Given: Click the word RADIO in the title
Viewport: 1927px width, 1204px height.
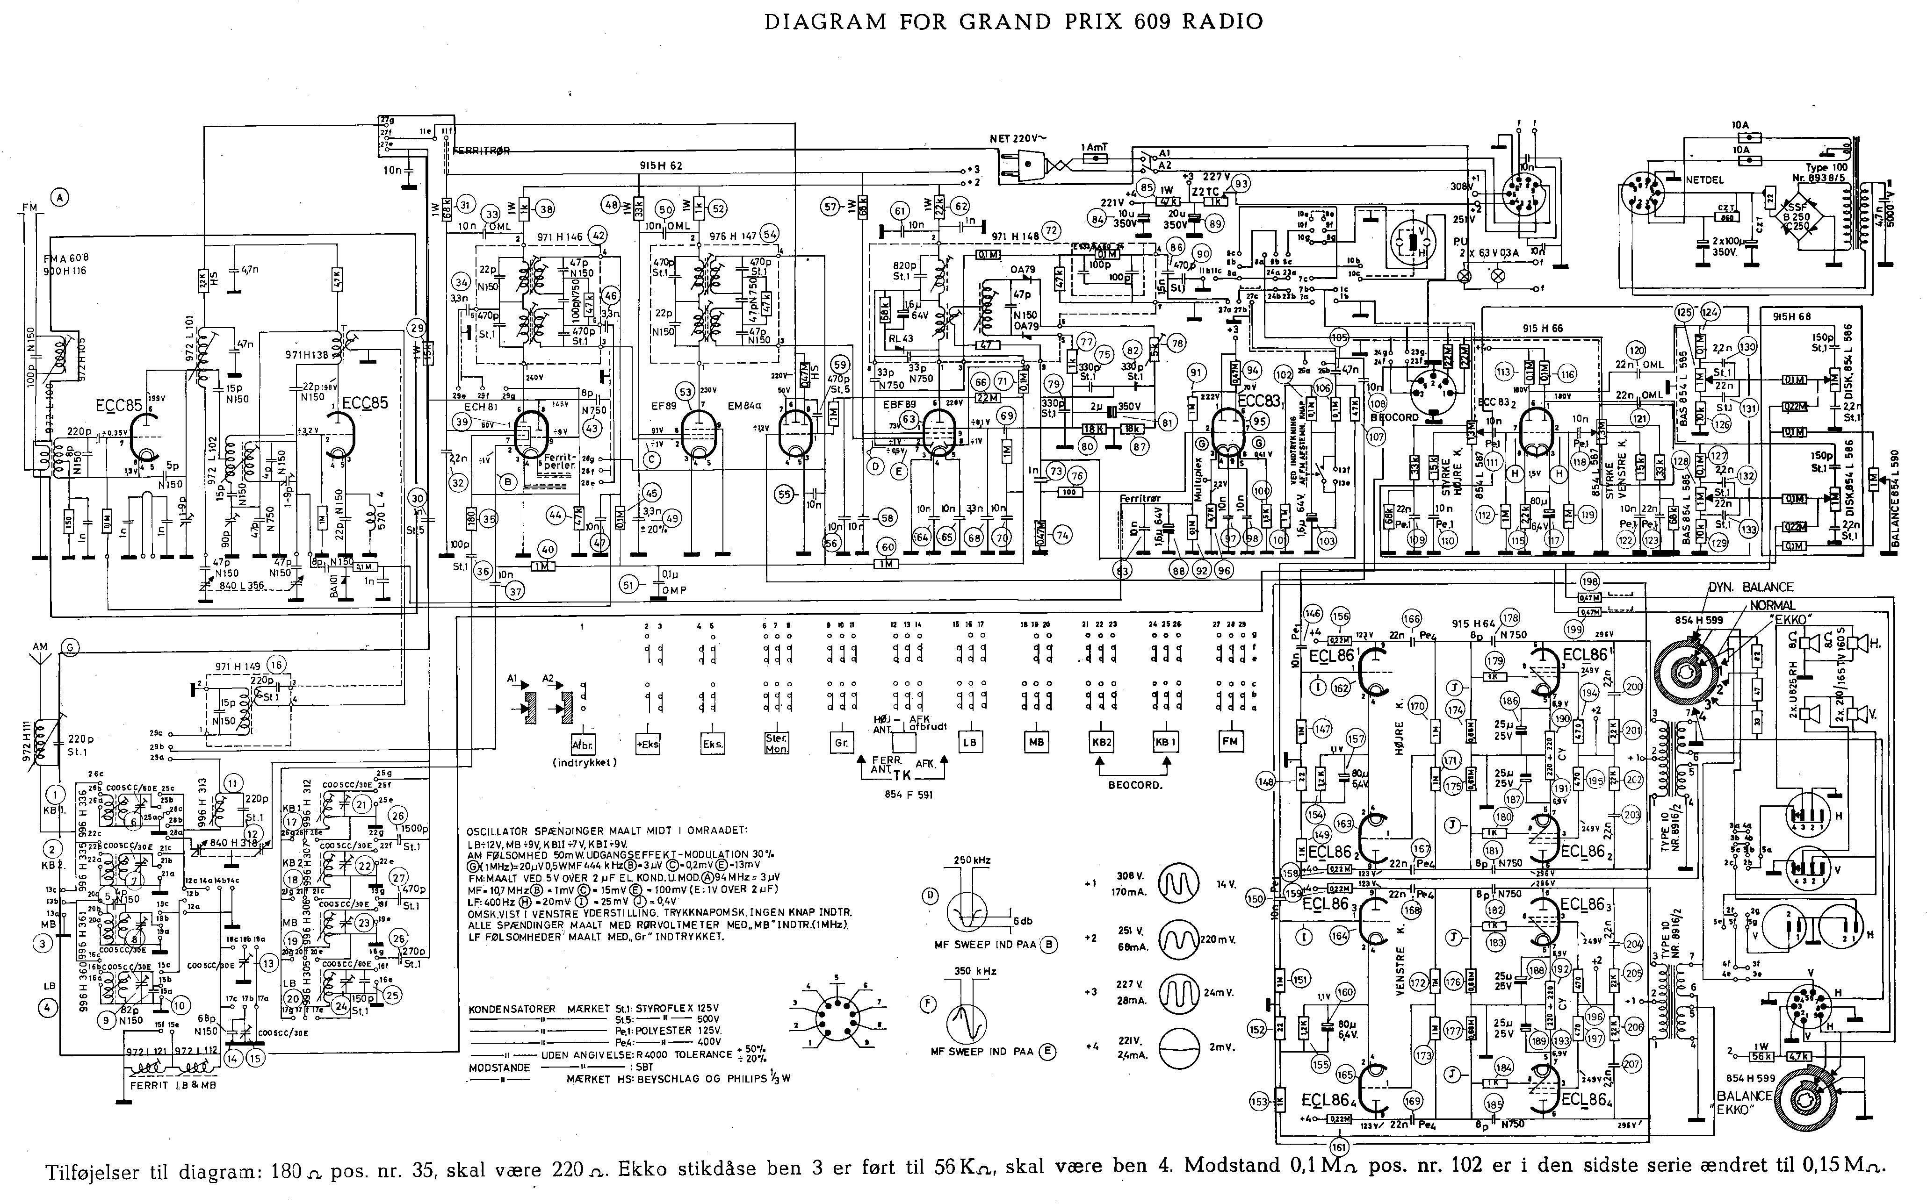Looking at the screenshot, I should click(x=1223, y=21).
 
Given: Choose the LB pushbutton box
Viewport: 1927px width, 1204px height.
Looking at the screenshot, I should click(x=969, y=741).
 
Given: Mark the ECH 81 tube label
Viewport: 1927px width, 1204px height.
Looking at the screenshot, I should click(x=480, y=384).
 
